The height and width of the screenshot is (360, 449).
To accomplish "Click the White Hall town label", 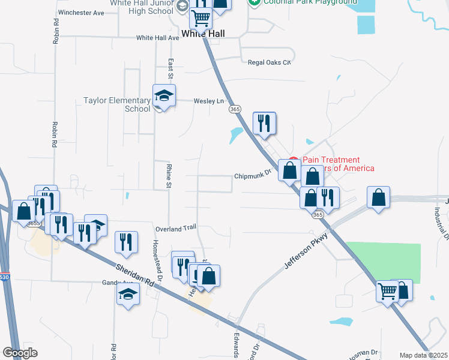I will pos(203,34).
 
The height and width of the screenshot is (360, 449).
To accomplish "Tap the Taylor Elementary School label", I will pos(116,104).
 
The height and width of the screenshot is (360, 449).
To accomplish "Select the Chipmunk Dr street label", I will pos(253,176).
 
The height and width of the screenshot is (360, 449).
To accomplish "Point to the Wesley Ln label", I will pos(208,101).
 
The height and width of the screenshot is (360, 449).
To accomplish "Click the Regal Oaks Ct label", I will pos(269,62).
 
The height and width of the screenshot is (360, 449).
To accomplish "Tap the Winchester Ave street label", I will pos(82,12).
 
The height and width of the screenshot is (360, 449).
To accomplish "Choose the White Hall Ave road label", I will pos(157,37).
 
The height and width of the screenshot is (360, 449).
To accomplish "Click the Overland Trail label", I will pos(176,229).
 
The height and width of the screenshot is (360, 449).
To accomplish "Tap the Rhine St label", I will pos(169,176).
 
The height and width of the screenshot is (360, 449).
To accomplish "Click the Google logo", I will pos(20,352).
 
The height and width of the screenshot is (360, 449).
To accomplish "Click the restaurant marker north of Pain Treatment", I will pos(264,124).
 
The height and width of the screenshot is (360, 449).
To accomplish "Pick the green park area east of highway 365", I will pos(384,262).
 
